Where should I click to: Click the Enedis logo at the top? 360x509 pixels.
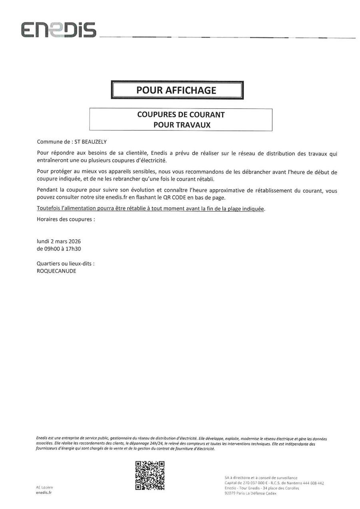click(x=58, y=30)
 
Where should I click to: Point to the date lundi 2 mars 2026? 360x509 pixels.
click(x=58, y=241)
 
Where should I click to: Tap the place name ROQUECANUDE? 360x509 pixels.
click(x=56, y=271)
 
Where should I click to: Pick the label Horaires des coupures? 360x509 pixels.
click(x=66, y=219)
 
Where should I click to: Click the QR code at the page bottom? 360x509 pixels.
click(x=150, y=475)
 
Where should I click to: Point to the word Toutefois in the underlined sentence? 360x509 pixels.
click(x=48, y=208)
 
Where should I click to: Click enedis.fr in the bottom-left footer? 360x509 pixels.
click(x=44, y=493)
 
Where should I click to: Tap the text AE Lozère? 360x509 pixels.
click(x=44, y=487)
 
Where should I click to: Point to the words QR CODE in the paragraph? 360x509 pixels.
click(x=172, y=198)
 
